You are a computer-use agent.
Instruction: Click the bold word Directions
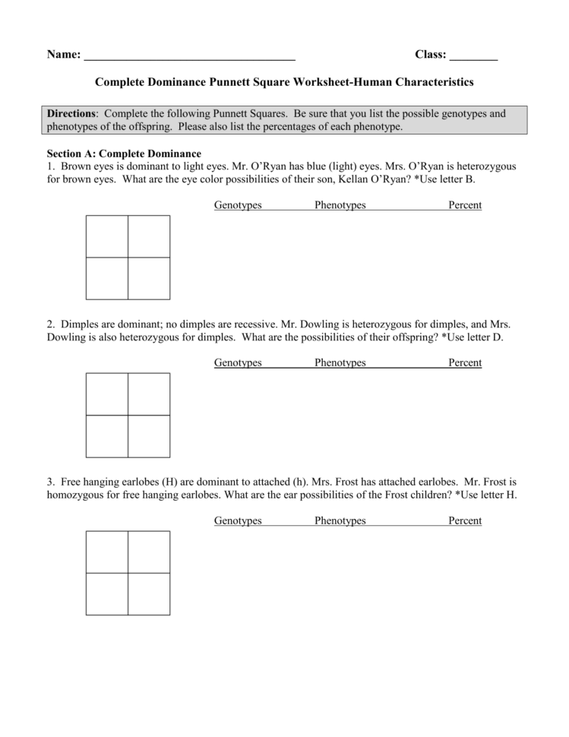(71, 114)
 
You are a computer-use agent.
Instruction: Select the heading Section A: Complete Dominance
(124, 153)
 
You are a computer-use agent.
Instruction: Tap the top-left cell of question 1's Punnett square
(107, 236)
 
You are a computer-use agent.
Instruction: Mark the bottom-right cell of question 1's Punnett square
(149, 278)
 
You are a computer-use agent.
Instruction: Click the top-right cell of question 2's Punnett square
(149, 394)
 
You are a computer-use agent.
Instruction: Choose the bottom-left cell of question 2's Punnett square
(107, 436)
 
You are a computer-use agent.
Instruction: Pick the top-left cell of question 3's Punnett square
(107, 552)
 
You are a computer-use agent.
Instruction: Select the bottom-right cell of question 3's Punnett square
(149, 593)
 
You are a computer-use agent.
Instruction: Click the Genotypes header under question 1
(238, 205)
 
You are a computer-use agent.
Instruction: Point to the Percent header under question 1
(465, 205)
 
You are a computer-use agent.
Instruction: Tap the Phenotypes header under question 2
(340, 363)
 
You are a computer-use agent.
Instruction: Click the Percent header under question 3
(465, 520)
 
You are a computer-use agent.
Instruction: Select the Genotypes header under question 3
(238, 520)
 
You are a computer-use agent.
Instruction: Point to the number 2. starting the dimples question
(51, 324)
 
